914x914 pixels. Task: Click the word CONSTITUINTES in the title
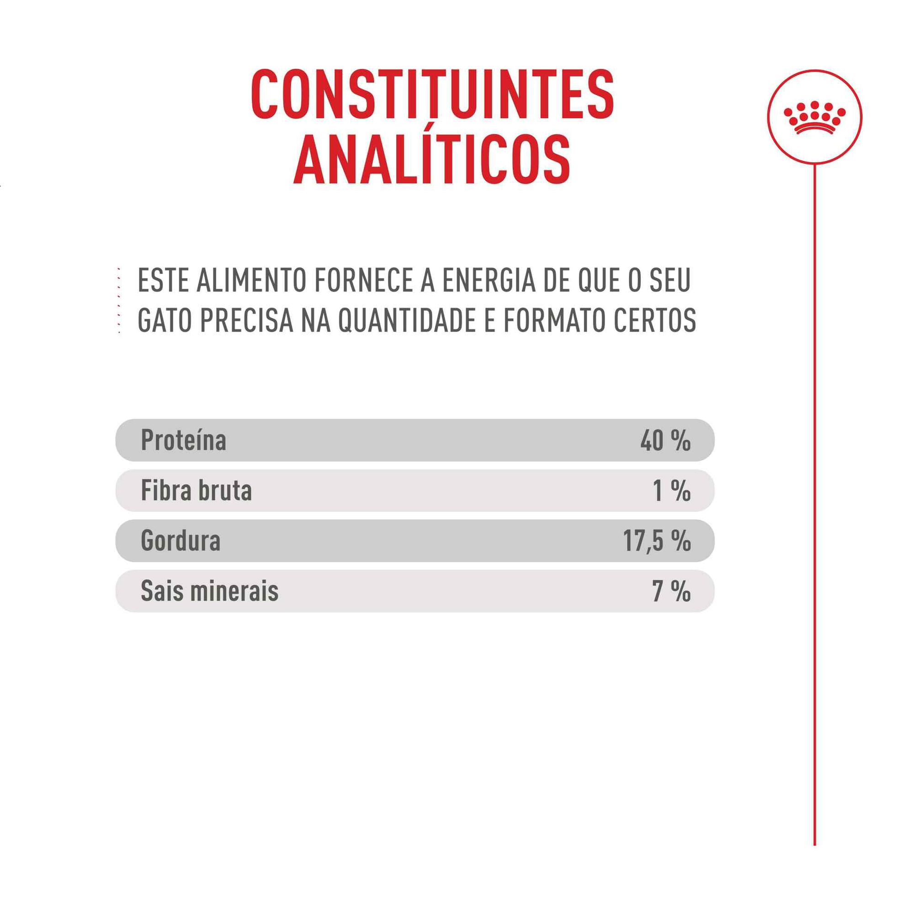coord(432,94)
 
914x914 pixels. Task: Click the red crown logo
coord(814,117)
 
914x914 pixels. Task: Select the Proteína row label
coord(184,441)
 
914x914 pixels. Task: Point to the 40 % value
coord(665,441)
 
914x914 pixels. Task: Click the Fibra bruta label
coord(197,490)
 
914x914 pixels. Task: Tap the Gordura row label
coord(181,541)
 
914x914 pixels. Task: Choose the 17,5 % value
coord(657,541)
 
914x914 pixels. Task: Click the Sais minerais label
coord(210,591)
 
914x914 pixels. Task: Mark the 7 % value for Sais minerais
coord(671,591)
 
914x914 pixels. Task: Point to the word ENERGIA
coord(489,281)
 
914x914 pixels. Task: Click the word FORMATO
coord(554,321)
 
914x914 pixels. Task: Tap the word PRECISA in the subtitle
coord(246,321)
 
